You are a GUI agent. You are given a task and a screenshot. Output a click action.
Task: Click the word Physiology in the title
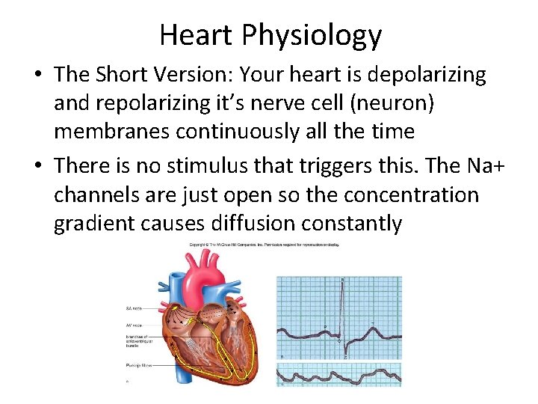pos(313,36)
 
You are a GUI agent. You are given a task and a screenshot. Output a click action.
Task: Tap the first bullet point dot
pos(38,76)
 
